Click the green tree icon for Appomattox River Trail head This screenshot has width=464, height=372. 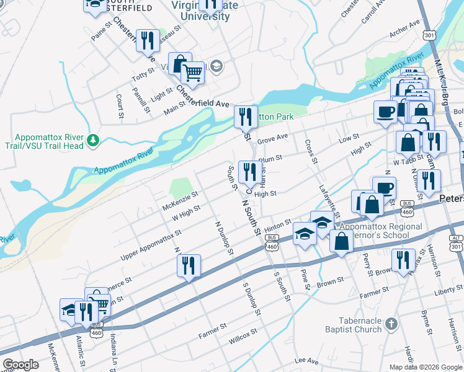[x=93, y=142]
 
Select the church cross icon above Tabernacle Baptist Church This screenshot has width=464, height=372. [x=390, y=324]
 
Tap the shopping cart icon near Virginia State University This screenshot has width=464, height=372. [x=193, y=74]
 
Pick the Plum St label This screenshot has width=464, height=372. [x=270, y=160]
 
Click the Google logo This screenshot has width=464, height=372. [x=20, y=365]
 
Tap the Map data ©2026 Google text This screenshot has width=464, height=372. [x=425, y=367]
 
